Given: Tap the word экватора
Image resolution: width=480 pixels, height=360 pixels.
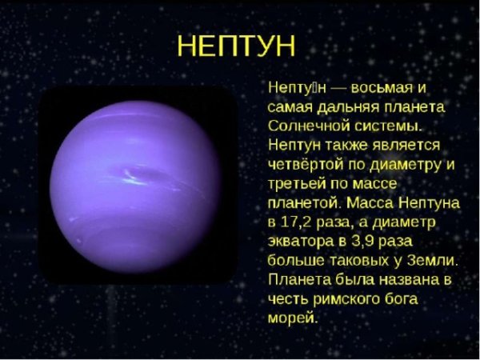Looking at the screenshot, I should (300, 242).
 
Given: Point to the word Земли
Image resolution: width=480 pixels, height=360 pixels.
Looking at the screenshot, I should (435, 262).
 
